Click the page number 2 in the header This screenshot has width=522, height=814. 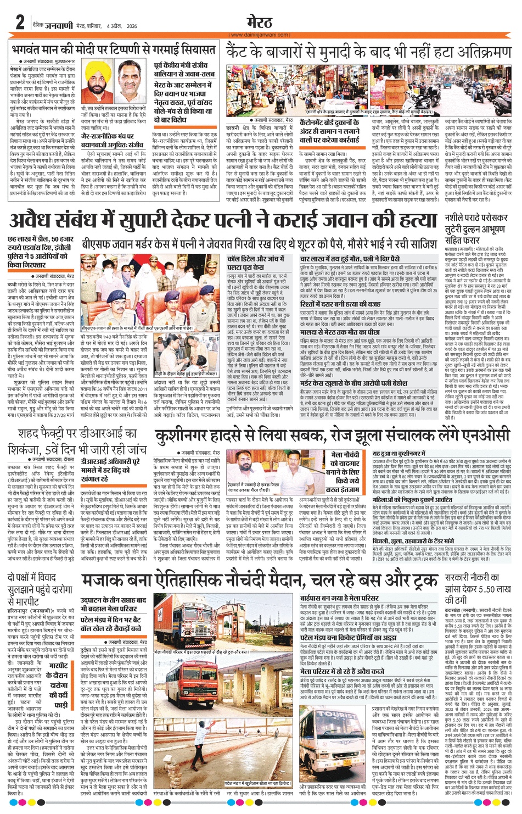pos(20,23)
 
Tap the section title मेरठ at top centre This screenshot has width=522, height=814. pos(260,22)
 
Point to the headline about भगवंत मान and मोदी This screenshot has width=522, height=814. pos(114,49)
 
